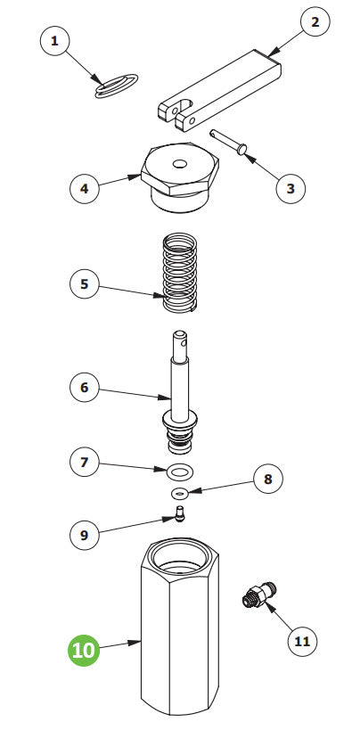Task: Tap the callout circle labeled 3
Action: pyautogui.click(x=290, y=188)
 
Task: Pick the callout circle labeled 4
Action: pyautogui.click(x=85, y=188)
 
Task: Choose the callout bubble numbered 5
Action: pyautogui.click(x=85, y=284)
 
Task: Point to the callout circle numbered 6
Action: pyautogui.click(x=85, y=388)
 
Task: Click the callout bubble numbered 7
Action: pyautogui.click(x=85, y=463)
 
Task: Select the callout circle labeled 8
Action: pyautogui.click(x=267, y=479)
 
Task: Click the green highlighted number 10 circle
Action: pyautogui.click(x=85, y=650)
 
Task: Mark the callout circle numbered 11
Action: pyautogui.click(x=302, y=640)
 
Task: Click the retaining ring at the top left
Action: pyautogui.click(x=116, y=85)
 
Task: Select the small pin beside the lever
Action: pyautogui.click(x=231, y=143)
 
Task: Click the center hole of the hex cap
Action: pyautogui.click(x=182, y=163)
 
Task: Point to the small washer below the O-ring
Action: pyautogui.click(x=180, y=492)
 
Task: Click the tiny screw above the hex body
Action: pyautogui.click(x=179, y=514)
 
